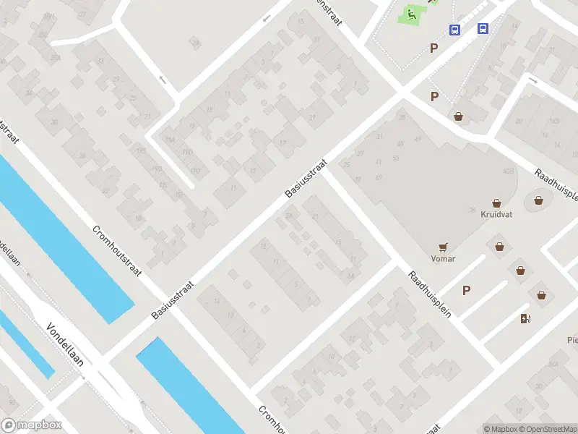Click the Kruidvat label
coord(496,214)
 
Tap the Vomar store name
coord(442,258)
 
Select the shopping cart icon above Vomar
coord(442,246)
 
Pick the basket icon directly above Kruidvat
coord(496,203)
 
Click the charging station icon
coord(525,319)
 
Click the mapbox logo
coord(32,425)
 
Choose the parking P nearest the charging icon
coord(467,291)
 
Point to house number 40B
coord(508,171)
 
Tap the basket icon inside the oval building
coord(538,200)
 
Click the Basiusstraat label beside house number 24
coord(307,179)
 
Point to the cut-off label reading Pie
coord(572,339)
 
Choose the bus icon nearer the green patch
coord(455,30)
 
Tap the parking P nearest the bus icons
coord(434,48)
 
